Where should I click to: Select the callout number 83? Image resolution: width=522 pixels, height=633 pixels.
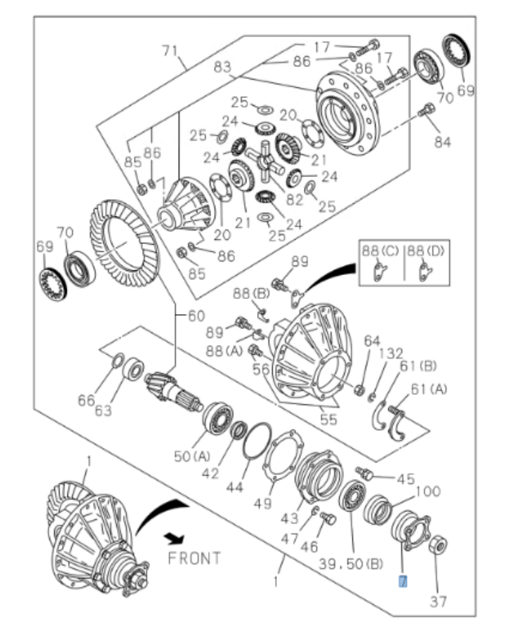click(221, 70)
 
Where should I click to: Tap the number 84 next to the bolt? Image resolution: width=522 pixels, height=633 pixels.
click(441, 142)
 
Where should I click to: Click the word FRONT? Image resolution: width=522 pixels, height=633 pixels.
click(193, 557)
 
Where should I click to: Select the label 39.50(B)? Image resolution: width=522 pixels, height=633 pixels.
click(351, 564)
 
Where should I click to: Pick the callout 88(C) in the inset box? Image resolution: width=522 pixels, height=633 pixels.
click(379, 251)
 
